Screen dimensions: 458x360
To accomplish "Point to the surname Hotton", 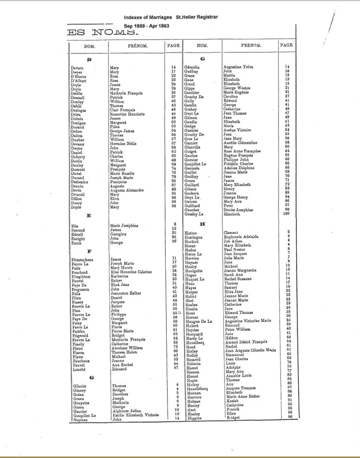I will (x=191, y=233).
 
